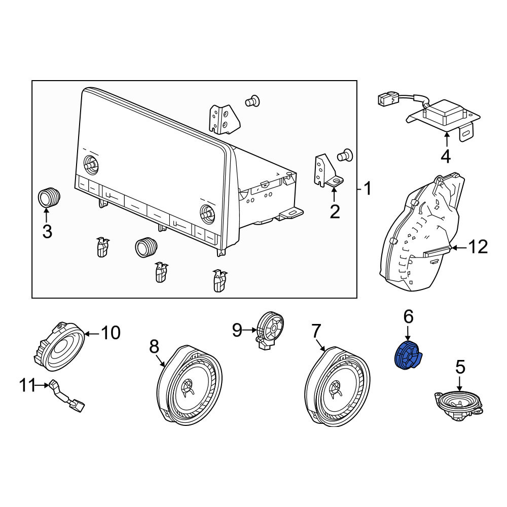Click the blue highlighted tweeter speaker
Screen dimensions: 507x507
click(409, 356)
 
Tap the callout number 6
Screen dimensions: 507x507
click(408, 316)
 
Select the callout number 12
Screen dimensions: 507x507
click(478, 247)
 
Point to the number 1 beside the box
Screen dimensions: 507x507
click(368, 189)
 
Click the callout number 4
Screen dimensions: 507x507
click(446, 157)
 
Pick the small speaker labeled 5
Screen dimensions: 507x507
click(458, 406)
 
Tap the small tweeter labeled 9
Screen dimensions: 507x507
click(270, 330)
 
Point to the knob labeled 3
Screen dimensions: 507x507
click(49, 197)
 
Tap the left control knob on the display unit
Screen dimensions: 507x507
click(91, 164)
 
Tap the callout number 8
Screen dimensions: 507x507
click(154, 347)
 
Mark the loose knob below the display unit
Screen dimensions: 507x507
click(146, 247)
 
